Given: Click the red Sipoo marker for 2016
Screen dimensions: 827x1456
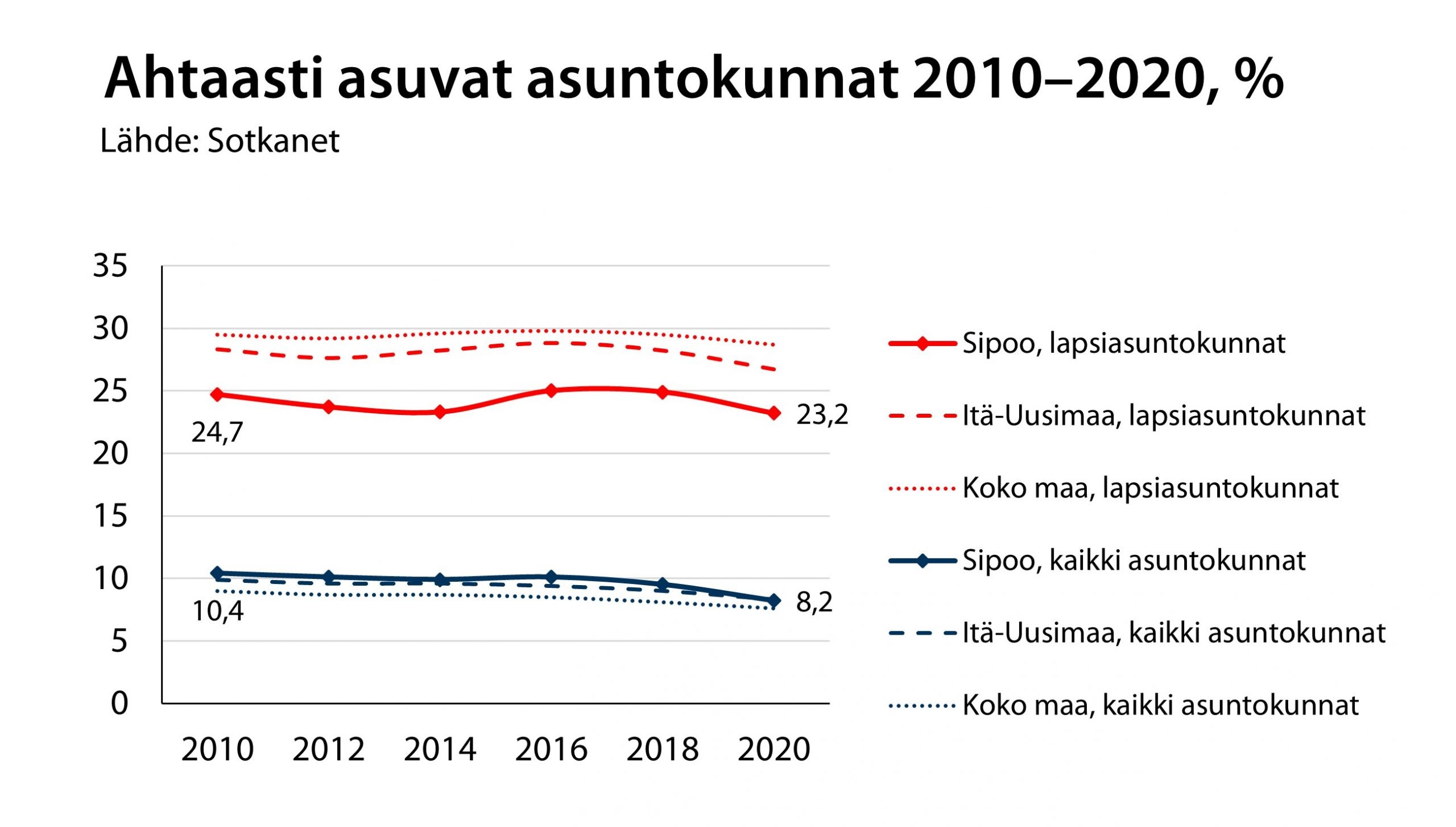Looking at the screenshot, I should coord(551,390).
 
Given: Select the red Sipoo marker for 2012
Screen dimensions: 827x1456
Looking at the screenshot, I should coord(328,407).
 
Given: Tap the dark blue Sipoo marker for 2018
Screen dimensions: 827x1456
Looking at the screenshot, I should coord(662,584).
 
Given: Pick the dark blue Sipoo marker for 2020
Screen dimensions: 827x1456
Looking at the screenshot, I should coord(773,600).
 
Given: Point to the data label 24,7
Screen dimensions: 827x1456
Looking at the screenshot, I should coord(217,433).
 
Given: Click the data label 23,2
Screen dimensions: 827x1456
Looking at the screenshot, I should coord(822,414).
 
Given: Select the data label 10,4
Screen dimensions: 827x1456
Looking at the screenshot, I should coord(218,611).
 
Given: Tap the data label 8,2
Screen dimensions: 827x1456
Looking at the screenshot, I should coord(814,602).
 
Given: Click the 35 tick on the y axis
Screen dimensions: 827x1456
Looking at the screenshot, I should coord(110,266).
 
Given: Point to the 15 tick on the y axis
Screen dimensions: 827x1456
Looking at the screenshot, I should coord(110,516).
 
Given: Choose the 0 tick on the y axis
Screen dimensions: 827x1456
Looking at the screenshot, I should coord(119,703).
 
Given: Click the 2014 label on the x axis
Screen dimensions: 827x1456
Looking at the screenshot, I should coord(440,749).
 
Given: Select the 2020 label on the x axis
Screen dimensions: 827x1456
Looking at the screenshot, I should coord(773,749).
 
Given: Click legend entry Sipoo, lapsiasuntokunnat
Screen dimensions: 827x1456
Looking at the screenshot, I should coord(1123,343).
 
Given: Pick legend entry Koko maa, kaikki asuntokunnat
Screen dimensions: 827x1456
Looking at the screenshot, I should coord(1160,706).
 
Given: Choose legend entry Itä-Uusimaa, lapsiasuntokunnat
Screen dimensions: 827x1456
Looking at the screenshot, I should coord(1163,416).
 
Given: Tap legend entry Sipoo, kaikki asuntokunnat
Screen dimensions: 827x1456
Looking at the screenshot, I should coord(1134,561).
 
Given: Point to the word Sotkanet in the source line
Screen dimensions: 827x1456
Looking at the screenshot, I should coord(273,141).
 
